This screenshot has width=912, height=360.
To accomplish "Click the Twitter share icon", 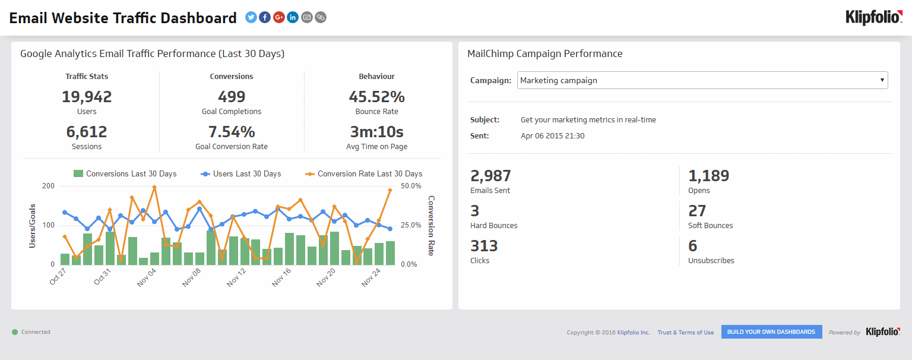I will [x=251, y=17].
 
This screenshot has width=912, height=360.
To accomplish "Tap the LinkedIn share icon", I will [x=293, y=17].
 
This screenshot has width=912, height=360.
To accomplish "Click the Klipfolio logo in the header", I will [x=873, y=18].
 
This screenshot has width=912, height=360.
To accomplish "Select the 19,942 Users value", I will [x=87, y=97].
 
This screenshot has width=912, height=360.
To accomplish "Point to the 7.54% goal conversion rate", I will [x=232, y=132].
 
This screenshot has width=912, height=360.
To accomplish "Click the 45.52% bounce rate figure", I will [x=376, y=97].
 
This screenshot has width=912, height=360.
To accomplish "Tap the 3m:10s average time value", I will [x=376, y=132].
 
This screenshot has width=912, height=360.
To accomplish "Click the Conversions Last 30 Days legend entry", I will [x=125, y=174].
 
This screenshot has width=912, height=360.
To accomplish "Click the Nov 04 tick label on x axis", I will [x=147, y=277].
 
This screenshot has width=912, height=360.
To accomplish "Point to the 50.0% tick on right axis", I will [x=411, y=186].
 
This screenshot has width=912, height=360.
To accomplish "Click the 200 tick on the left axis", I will [x=48, y=186].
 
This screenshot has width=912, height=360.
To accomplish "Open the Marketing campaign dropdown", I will [x=702, y=80].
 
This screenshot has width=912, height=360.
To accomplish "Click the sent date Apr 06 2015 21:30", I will [x=552, y=136].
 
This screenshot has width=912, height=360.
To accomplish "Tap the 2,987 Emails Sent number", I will [x=490, y=176].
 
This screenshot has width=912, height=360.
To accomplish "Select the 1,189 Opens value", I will [x=708, y=176].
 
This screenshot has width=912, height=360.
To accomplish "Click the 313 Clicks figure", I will [x=484, y=246].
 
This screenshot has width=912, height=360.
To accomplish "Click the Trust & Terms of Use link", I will [x=685, y=333].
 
